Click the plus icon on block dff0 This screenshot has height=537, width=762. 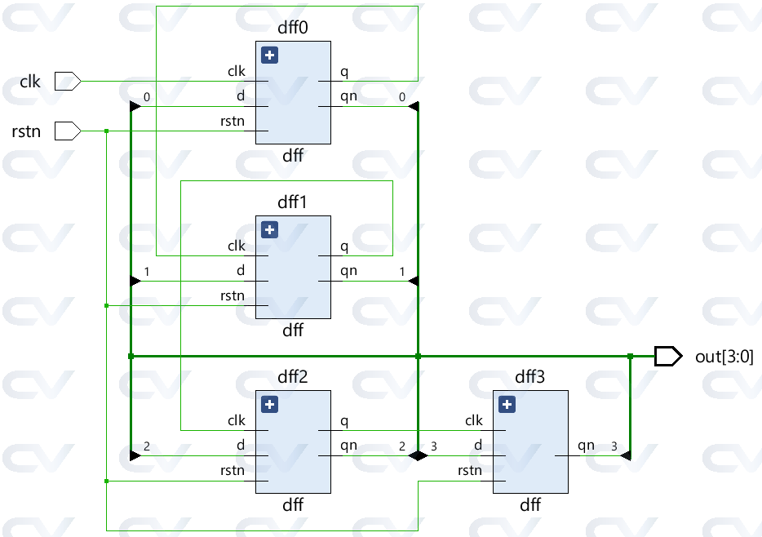click(270, 55)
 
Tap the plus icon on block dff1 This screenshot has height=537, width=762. click(270, 229)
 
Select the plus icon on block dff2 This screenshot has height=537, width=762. click(270, 404)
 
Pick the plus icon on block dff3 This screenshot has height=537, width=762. click(507, 404)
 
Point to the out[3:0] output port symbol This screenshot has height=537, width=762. click(667, 356)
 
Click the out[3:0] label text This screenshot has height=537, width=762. click(724, 356)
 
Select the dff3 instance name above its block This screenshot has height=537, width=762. click(530, 377)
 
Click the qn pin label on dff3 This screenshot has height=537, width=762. click(586, 446)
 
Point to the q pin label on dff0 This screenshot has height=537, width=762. click(343, 72)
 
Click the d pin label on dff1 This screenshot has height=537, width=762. click(241, 270)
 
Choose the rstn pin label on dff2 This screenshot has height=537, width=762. click(233, 470)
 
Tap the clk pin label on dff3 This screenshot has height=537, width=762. click(473, 421)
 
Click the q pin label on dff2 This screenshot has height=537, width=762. click(343, 421)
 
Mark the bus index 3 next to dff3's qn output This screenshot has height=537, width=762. click(614, 446)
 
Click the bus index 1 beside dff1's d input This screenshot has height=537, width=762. click(146, 271)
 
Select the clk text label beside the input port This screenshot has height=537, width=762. click(30, 82)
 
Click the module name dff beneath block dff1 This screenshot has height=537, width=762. click(293, 331)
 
